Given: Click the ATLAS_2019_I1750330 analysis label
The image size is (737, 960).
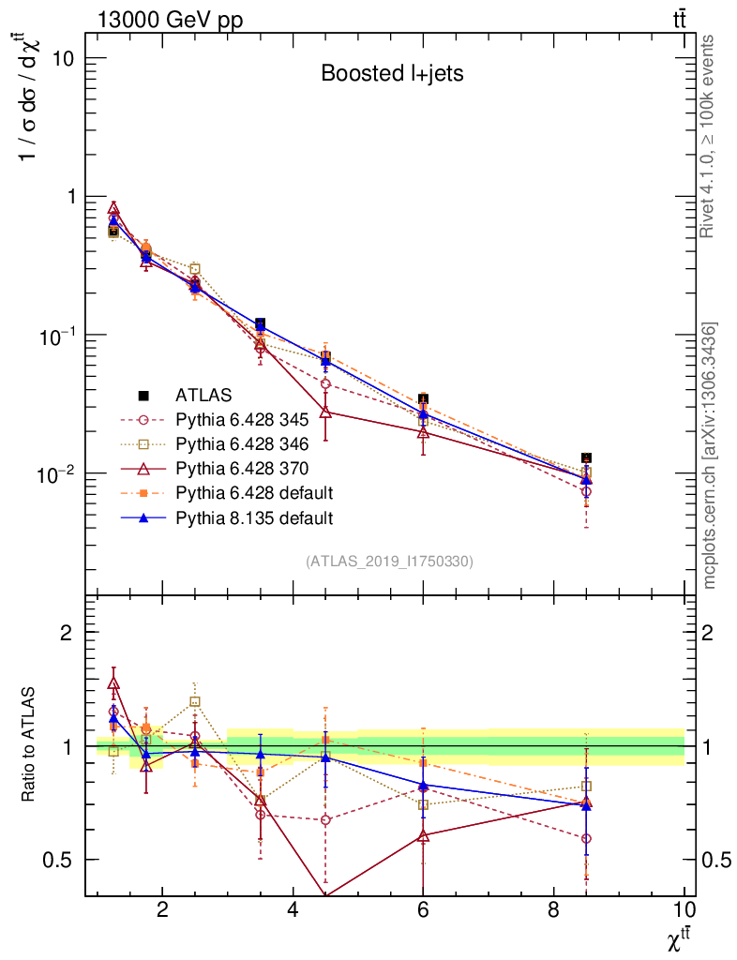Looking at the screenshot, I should [x=389, y=562].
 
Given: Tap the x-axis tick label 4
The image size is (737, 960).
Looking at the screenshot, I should [x=293, y=910].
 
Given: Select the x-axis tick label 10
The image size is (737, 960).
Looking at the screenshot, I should [x=684, y=910].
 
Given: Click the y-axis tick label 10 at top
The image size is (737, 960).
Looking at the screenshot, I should [x=64, y=58].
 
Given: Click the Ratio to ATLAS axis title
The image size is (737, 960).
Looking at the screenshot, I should [x=30, y=745].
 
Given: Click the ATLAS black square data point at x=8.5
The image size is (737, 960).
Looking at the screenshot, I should [x=586, y=457].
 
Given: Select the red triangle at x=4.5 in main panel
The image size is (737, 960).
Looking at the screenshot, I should [x=325, y=411].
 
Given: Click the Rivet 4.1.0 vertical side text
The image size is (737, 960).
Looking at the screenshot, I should [x=709, y=136].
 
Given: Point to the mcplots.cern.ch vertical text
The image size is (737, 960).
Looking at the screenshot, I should [x=710, y=455].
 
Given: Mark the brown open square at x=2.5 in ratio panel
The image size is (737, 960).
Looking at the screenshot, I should [x=195, y=701].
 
